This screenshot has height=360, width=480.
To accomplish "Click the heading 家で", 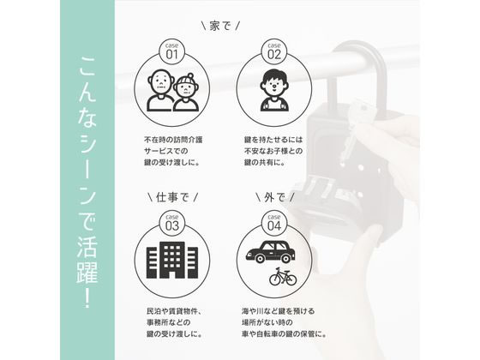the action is (220, 26).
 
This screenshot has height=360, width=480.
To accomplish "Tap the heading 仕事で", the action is (172, 197).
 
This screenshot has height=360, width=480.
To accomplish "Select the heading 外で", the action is (274, 197).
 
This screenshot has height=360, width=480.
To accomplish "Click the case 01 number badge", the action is (171, 51).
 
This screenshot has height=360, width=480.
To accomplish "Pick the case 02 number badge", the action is (274, 51).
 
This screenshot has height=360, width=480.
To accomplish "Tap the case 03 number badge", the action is (171, 223).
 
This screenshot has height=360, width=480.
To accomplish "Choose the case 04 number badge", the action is (274, 223).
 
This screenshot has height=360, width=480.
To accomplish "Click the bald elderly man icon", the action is (159, 90).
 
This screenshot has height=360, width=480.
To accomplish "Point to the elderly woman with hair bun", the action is (186, 93).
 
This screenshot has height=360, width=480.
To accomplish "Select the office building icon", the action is (172, 260).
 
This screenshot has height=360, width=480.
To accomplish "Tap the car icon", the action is (271, 252).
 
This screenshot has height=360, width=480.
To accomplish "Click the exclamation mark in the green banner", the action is (87, 297).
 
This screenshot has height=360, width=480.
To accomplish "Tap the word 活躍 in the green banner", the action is (87, 261).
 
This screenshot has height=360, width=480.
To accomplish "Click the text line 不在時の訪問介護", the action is (173, 140).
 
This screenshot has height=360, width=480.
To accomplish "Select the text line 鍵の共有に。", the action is (265, 163).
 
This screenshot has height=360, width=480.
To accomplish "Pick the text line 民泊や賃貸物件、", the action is (175, 311).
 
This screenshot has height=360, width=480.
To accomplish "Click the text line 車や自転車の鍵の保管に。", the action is (284, 334).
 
